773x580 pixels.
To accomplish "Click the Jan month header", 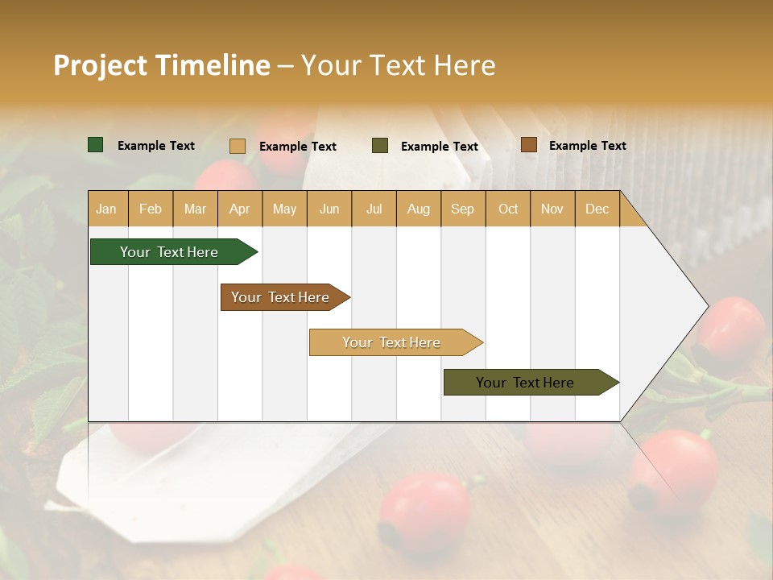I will click(x=107, y=209).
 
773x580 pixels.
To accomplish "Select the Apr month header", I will click(x=240, y=209).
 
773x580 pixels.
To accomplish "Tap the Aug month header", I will click(x=419, y=209).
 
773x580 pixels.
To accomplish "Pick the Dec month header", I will click(x=597, y=209).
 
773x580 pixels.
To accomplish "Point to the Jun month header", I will click(x=329, y=209).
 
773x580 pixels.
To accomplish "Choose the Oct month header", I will click(x=508, y=209).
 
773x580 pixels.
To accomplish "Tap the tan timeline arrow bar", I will click(x=392, y=342).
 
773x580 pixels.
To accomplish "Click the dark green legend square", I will click(x=96, y=145).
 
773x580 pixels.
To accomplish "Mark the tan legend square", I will click(x=238, y=146).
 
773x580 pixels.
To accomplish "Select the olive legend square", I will click(x=380, y=146).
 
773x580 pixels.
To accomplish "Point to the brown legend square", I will click(x=529, y=145).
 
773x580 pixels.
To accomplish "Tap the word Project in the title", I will click(x=100, y=65).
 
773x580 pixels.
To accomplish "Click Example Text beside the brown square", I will click(x=588, y=146).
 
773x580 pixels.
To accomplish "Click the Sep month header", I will click(x=463, y=209).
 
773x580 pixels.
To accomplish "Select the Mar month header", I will click(x=196, y=209).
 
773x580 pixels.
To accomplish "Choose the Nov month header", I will click(x=552, y=209).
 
